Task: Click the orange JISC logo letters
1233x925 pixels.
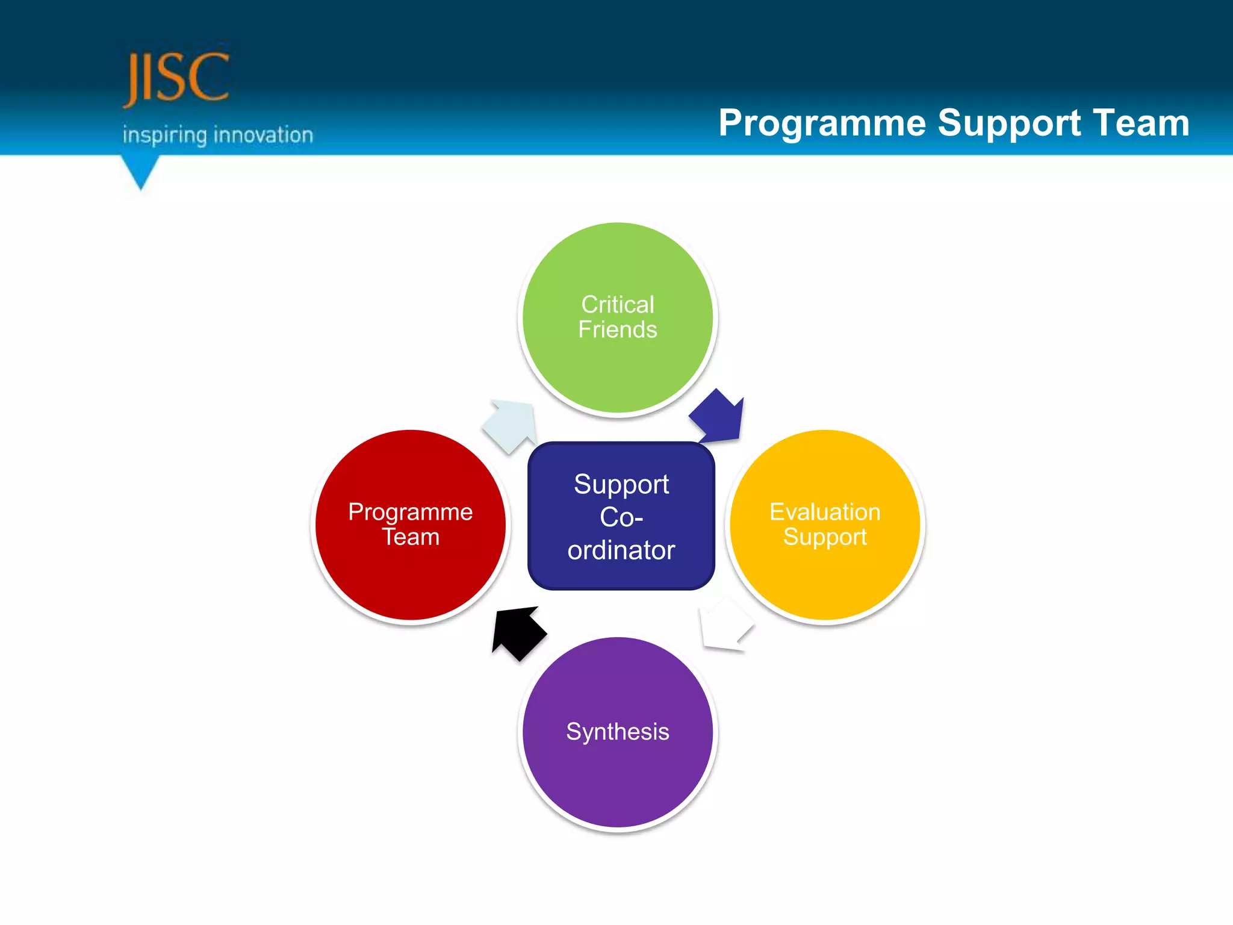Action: pos(176,78)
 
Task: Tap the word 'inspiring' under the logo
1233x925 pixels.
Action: pos(164,135)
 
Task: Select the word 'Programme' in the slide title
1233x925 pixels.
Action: pos(822,123)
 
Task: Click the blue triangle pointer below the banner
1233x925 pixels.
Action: pos(140,170)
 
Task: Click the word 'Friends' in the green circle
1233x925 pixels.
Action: pos(618,330)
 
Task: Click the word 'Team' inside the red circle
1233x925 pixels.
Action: pos(411,537)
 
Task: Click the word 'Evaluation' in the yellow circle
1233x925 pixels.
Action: pos(825,512)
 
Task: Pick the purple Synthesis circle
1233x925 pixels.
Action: pos(618,777)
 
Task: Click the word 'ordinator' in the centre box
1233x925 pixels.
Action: pos(621,550)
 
